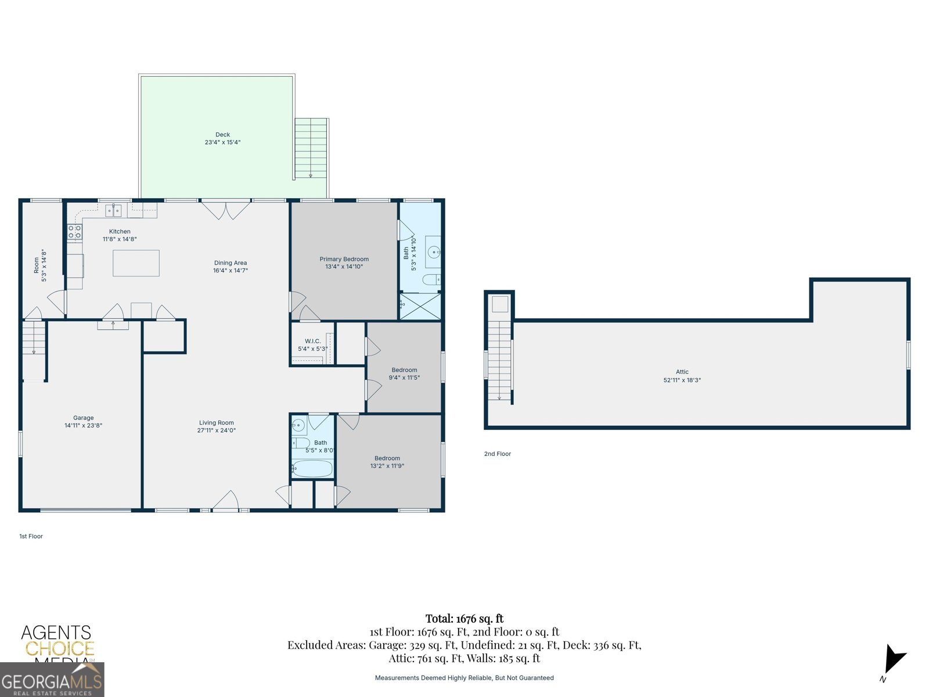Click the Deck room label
click(x=222, y=135)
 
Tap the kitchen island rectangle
click(x=136, y=263)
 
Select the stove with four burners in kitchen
click(x=75, y=232)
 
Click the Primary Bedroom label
click(x=344, y=259)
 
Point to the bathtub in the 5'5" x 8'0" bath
click(x=312, y=468)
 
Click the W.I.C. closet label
click(x=312, y=342)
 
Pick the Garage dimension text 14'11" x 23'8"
click(x=83, y=426)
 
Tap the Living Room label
click(x=216, y=423)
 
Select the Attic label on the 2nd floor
click(x=682, y=372)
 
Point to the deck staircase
click(x=311, y=149)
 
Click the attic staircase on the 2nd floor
click(x=499, y=360)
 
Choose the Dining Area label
click(x=231, y=263)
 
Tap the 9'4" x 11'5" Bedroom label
click(x=404, y=370)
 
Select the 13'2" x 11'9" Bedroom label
click(x=387, y=458)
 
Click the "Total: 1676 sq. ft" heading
click(x=464, y=619)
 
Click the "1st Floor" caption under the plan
click(x=31, y=536)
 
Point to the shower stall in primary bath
click(x=420, y=306)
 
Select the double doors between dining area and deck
click(x=226, y=210)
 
